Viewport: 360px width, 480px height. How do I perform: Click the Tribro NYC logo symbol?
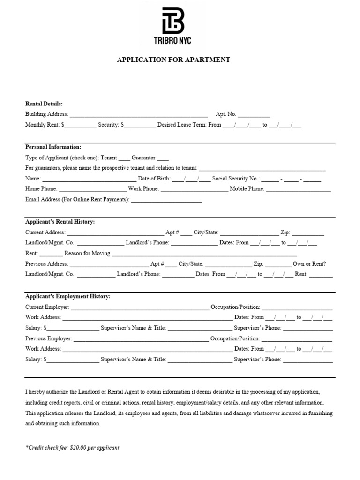coord(172,20)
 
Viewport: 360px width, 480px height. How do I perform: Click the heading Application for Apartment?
coord(173,60)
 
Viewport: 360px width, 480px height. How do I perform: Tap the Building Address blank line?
coord(139,114)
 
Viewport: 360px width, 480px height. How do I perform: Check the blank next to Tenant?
coord(124,158)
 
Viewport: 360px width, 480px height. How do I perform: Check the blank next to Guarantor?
coord(163,158)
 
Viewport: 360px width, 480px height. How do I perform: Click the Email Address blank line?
coord(166,200)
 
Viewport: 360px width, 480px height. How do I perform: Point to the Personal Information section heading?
coord(53,147)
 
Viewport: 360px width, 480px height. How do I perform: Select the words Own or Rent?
coord(309,264)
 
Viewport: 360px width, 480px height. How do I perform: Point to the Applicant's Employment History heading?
coord(68,297)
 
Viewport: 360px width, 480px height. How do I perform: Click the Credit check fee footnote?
coord(73,448)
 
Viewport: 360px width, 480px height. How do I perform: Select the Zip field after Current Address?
coord(308,233)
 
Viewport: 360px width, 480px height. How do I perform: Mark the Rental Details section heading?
coord(44,104)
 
